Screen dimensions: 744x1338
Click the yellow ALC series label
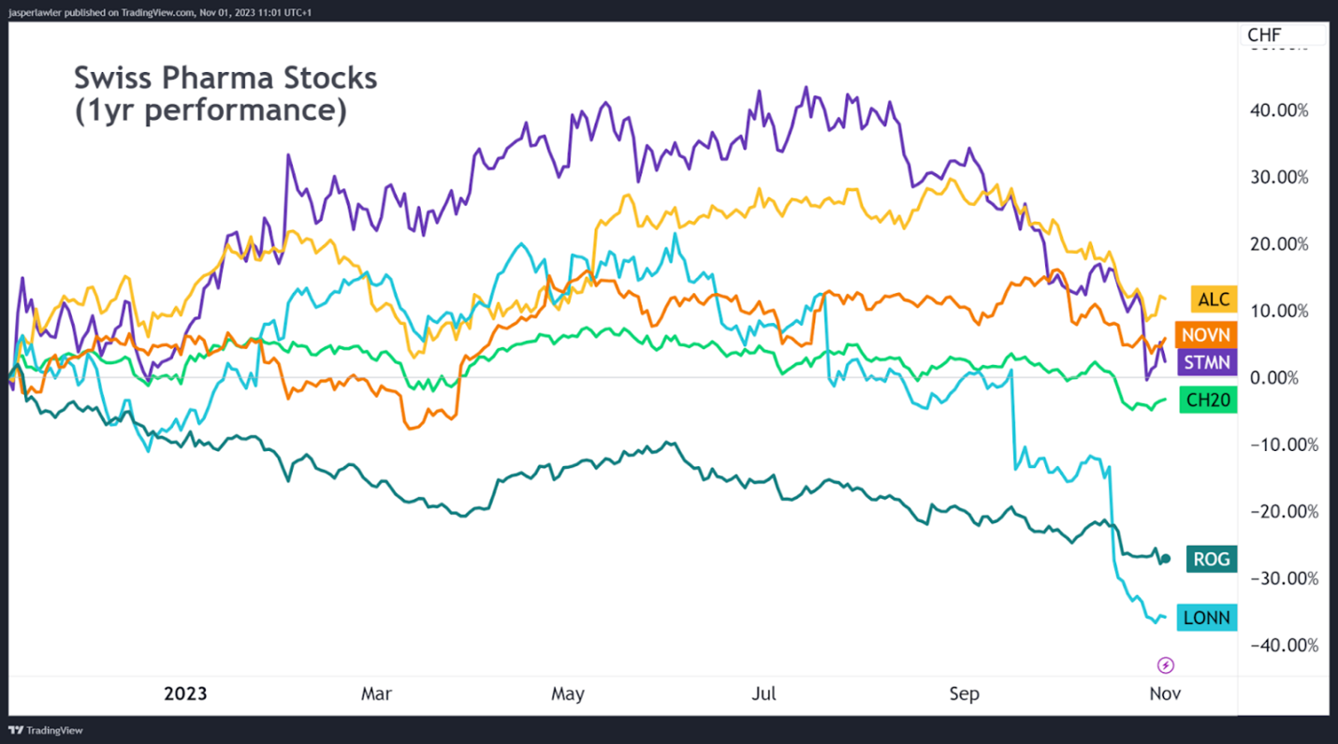1214,299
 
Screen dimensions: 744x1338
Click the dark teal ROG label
1212,560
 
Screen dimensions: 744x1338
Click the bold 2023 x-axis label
185,694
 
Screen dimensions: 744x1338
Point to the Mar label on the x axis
376,694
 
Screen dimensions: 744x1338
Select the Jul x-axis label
764,694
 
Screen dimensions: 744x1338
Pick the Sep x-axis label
964,694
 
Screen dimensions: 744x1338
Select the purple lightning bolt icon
1166,665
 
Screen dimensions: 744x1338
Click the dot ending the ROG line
1165,559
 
